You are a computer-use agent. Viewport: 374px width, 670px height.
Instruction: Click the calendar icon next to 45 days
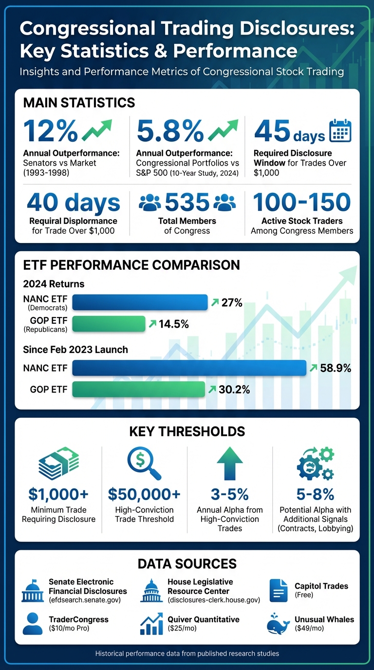click(x=340, y=130)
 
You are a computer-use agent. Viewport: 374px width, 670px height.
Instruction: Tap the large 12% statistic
click(x=51, y=130)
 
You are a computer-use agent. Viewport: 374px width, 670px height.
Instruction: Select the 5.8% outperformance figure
click(x=170, y=130)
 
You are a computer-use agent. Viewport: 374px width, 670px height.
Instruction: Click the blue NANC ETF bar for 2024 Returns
click(x=140, y=302)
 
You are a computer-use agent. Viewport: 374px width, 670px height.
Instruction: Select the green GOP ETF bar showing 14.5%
click(x=109, y=324)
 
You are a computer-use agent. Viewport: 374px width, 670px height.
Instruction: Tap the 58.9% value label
click(x=336, y=368)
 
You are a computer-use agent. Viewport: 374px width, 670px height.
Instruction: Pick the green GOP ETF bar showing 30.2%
click(x=139, y=389)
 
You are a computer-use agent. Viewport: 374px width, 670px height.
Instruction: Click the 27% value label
click(x=232, y=303)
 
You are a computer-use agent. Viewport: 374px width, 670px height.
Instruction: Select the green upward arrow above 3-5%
click(x=229, y=465)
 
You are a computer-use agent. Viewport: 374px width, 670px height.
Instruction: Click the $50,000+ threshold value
click(x=144, y=494)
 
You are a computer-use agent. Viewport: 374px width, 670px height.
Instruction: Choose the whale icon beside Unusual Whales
click(x=279, y=624)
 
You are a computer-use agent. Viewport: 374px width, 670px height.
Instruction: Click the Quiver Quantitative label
click(x=204, y=619)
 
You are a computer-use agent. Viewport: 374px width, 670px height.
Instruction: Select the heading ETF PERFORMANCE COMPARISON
click(x=131, y=265)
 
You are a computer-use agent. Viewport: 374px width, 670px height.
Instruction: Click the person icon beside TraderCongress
click(x=33, y=624)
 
